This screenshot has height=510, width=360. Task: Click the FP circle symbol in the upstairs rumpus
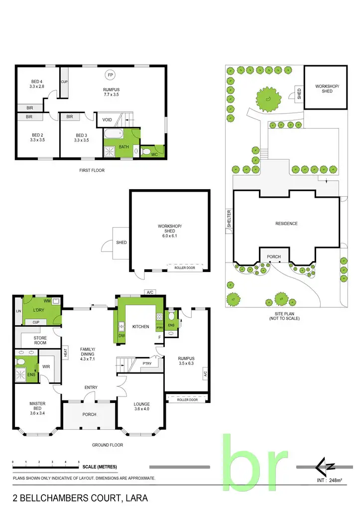109,75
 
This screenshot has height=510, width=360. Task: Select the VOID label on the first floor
107,120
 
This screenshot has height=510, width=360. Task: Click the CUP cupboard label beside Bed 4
64,82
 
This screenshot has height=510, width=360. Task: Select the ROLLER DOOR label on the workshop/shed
185,268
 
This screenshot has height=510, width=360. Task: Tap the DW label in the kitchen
121,336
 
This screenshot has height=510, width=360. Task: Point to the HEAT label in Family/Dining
66,353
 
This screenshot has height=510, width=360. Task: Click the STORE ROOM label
39,340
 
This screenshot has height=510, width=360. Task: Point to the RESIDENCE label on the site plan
286,224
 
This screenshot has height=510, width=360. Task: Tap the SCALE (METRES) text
100,467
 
